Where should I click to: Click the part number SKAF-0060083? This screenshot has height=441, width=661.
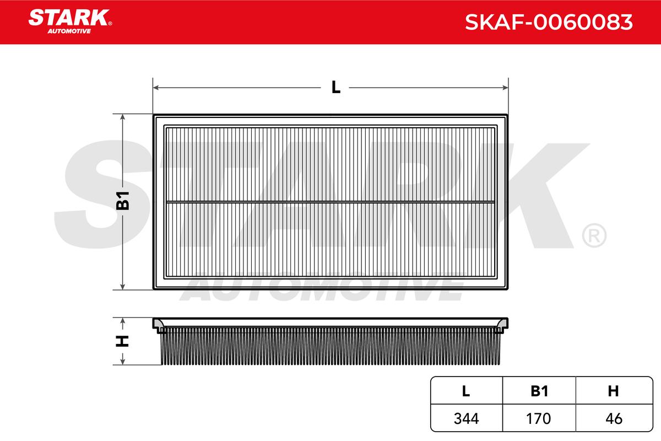(x=549, y=22)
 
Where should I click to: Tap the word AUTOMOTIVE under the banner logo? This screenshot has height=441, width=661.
(x=69, y=31)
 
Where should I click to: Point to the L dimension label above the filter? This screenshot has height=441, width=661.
(x=336, y=87)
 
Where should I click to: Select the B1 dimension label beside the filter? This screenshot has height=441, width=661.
(x=122, y=201)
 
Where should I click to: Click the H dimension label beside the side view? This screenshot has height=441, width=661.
(x=122, y=341)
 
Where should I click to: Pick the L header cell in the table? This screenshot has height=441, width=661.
(x=466, y=391)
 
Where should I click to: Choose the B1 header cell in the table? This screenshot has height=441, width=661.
(x=539, y=391)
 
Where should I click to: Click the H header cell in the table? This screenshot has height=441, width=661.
(x=614, y=391)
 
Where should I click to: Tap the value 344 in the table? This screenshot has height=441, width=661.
(x=467, y=418)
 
